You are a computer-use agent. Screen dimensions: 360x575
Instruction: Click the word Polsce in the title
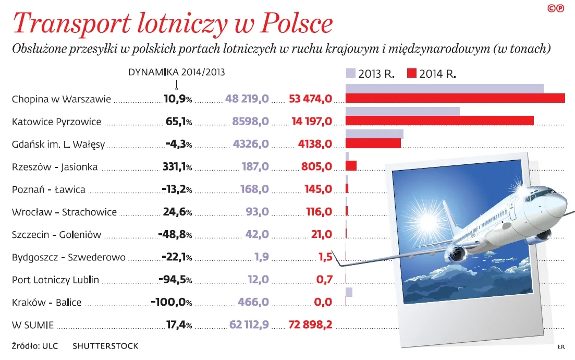click(x=295, y=23)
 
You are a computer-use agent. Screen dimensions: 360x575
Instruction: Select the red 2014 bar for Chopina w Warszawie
click(x=455, y=98)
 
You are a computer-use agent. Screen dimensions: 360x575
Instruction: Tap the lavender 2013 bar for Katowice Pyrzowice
click(x=402, y=111)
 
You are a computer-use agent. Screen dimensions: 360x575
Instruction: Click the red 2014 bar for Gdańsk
click(x=373, y=143)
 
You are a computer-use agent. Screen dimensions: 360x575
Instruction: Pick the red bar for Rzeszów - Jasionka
click(x=351, y=165)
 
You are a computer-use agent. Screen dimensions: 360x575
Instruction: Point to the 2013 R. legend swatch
click(x=350, y=74)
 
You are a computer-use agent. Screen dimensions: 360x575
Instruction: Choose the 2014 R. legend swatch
click(x=412, y=74)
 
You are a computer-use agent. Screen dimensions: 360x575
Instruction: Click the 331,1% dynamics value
click(x=175, y=167)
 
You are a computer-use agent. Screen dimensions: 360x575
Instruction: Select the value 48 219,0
click(x=247, y=99)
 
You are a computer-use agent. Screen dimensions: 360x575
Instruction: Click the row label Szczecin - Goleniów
click(x=56, y=235)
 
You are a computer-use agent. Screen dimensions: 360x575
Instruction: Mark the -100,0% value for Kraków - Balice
click(x=171, y=302)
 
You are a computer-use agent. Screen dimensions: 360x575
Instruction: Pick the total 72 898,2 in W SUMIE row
click(x=310, y=325)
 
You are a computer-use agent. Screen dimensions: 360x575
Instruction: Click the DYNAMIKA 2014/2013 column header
click(x=177, y=72)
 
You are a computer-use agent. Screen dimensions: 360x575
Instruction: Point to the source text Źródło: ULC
click(x=34, y=345)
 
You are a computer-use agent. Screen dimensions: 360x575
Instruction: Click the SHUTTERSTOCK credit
click(x=105, y=345)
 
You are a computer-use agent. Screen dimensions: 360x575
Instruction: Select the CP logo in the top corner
click(x=556, y=8)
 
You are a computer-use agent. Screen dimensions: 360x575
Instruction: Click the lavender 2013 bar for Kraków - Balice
click(x=349, y=292)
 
